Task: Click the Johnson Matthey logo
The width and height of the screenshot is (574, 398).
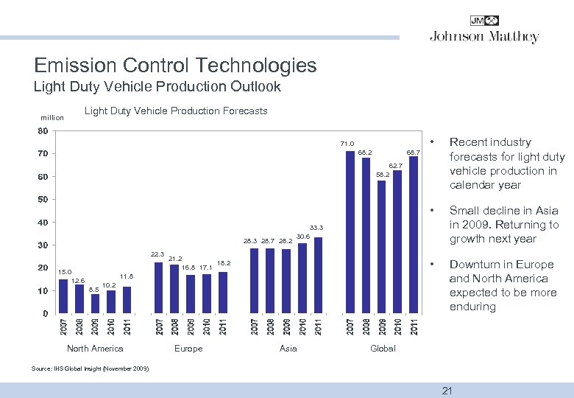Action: (x=483, y=31)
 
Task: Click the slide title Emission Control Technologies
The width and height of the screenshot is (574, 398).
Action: (x=175, y=65)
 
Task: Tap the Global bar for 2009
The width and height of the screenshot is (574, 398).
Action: (x=381, y=246)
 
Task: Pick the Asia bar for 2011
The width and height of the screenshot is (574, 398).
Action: (x=319, y=275)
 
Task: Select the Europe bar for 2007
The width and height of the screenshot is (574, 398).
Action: (x=158, y=287)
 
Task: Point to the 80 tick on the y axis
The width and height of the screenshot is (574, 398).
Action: (x=43, y=131)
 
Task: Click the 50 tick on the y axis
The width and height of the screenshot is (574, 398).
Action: (x=43, y=200)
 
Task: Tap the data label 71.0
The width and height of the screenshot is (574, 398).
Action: (x=347, y=144)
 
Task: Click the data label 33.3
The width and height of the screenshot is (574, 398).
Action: (x=317, y=228)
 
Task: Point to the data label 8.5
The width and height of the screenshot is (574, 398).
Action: (x=93, y=290)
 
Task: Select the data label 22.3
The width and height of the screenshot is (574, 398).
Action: (x=157, y=254)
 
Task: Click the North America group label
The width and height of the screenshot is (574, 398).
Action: (x=95, y=349)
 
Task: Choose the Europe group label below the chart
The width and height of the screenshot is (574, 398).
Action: (x=188, y=349)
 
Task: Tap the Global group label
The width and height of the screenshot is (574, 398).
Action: (x=383, y=349)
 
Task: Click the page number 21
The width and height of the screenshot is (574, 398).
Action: (x=447, y=391)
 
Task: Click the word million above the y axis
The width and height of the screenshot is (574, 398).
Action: (x=52, y=117)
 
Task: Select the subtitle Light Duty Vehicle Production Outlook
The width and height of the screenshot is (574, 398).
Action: (x=157, y=87)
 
